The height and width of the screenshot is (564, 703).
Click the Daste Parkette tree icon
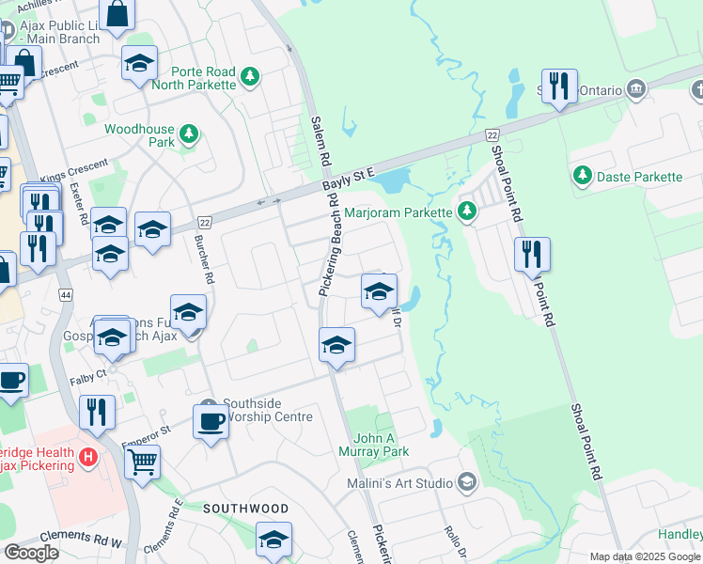pyautogui.click(x=583, y=176)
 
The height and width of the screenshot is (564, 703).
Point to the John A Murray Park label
pyautogui.click(x=381, y=445)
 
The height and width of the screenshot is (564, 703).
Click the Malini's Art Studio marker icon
pyautogui.click(x=467, y=483)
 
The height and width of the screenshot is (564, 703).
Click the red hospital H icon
pyautogui.click(x=88, y=459)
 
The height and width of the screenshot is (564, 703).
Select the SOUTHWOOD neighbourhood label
pyautogui.click(x=246, y=509)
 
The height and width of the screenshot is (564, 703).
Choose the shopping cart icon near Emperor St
pyautogui.click(x=142, y=461)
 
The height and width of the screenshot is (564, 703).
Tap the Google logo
pyautogui.click(x=31, y=553)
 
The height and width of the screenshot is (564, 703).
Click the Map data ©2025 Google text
pyautogui.click(x=645, y=556)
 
